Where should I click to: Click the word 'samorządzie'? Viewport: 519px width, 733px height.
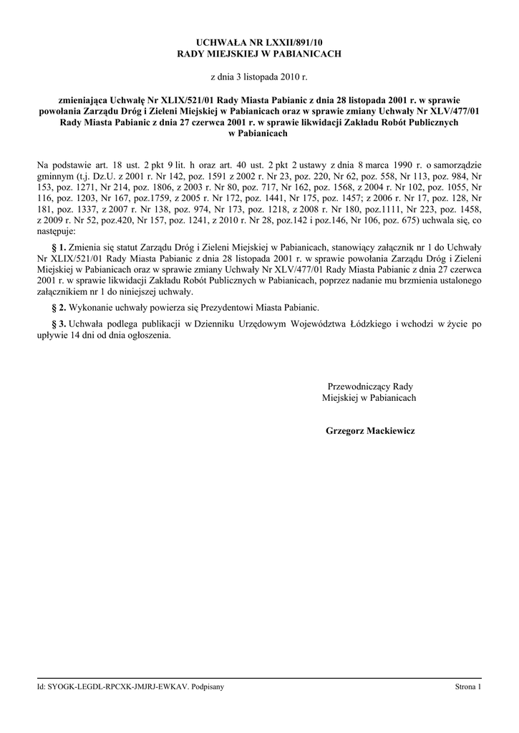point(457,165)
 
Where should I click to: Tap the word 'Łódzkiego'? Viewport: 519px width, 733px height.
point(364,324)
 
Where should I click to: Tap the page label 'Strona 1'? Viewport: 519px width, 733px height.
point(468,687)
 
